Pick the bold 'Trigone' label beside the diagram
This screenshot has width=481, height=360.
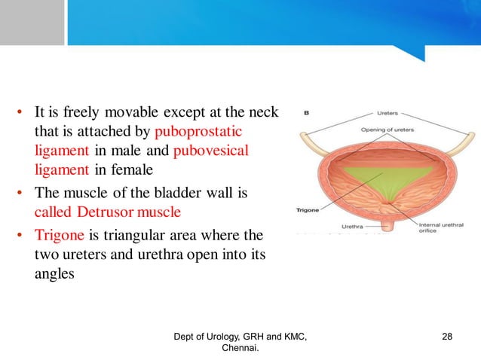coord(309,210)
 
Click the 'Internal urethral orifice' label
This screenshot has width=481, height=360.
coord(435,224)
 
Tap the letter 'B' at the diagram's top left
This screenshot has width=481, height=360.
coord(307,113)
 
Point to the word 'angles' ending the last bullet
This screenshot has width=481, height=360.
coord(54,275)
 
